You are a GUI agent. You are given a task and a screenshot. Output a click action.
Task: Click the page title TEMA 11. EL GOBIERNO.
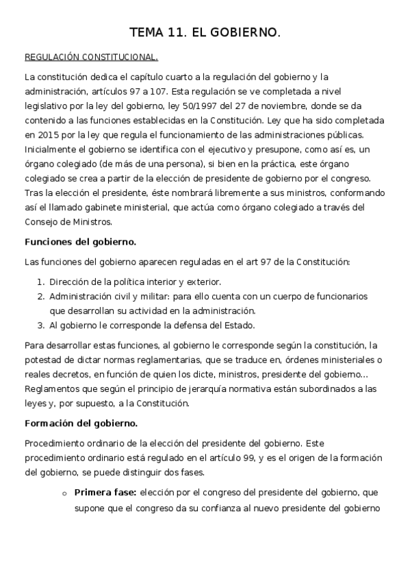click(205, 32)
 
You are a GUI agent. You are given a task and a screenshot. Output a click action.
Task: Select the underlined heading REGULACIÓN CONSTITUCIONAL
click(91, 58)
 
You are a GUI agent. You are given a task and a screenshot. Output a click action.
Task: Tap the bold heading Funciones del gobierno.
click(80, 242)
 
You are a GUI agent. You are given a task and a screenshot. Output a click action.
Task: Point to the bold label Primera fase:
click(105, 493)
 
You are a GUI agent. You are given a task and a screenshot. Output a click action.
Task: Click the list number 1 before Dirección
click(40, 282)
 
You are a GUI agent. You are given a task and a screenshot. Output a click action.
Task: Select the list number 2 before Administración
click(40, 296)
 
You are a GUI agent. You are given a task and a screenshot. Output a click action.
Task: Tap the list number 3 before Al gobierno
click(40, 325)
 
